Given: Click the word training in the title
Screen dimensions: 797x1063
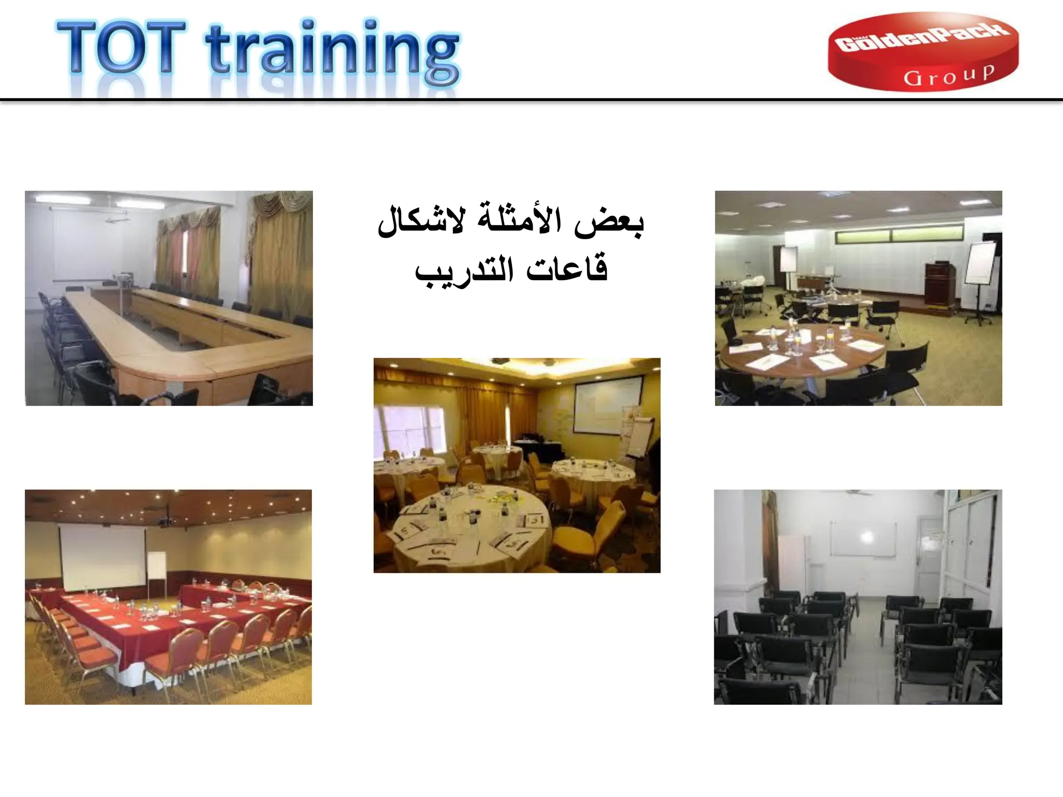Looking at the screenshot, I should click(x=332, y=52).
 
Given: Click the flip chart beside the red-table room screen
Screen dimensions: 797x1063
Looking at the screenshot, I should click(x=156, y=567).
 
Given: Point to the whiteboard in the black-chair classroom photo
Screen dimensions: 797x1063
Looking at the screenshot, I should click(x=863, y=539).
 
